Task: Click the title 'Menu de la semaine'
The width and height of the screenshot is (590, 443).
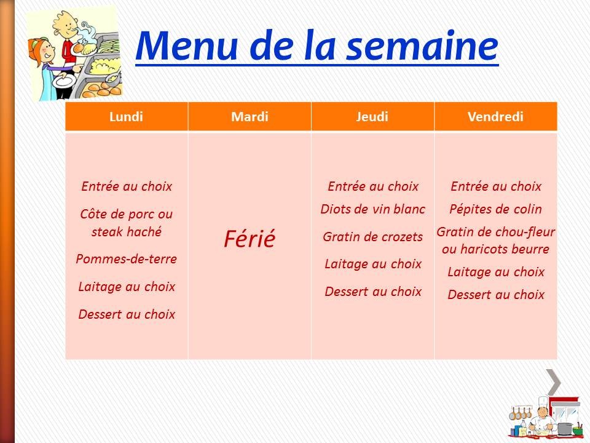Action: coord(316,46)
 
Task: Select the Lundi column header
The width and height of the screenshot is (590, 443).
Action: coord(126,117)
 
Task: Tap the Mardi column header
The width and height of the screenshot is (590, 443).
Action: coord(250,117)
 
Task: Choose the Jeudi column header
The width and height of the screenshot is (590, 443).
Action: coord(372,117)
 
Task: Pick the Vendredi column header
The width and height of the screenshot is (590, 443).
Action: coord(495,117)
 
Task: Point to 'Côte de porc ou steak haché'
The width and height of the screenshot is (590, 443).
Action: coord(126,223)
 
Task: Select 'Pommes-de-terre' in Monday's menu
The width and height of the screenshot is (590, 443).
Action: coord(126,259)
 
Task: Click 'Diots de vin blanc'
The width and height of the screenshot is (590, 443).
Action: coord(372,209)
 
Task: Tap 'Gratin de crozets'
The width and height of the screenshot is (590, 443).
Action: coord(372,237)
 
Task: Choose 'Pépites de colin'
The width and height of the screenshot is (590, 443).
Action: coord(495,209)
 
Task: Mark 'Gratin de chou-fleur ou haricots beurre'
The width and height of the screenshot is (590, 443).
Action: coord(495,241)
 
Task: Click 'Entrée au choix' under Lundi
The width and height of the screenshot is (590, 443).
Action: coord(126,186)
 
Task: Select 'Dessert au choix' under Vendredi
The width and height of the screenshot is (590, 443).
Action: coord(495,295)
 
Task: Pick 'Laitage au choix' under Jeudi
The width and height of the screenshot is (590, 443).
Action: coord(372,264)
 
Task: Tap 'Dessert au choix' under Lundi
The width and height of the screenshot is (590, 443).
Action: coord(126,314)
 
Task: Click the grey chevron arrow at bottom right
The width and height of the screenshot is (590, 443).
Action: coord(554,382)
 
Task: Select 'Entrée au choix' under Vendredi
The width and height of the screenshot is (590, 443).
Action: coord(495,186)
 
